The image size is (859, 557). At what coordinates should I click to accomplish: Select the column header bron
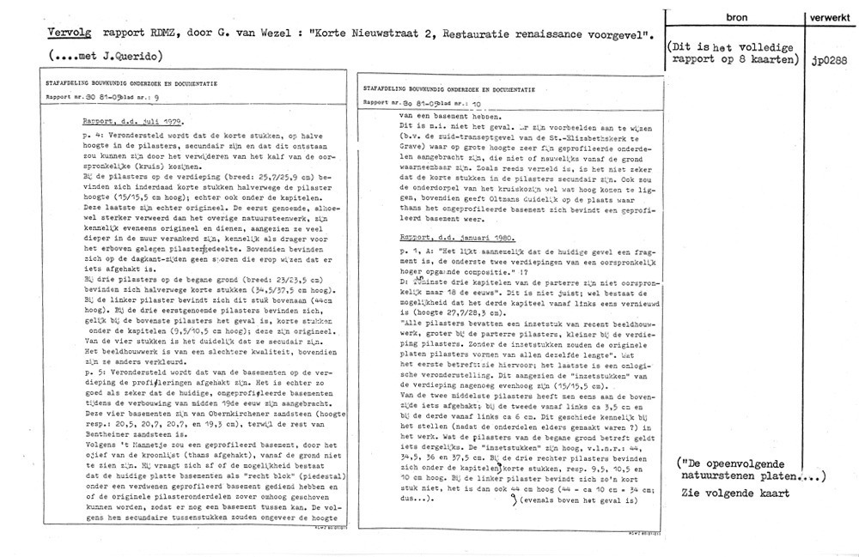(735, 17)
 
